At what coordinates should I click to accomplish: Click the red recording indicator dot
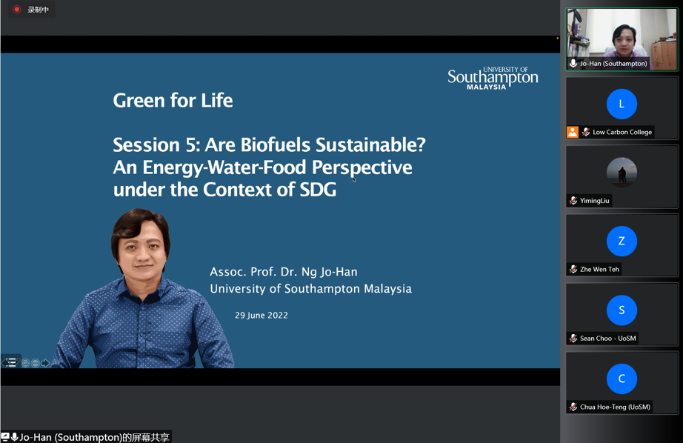[16, 9]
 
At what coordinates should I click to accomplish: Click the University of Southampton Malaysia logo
[493, 78]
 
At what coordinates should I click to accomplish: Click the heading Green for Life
[173, 101]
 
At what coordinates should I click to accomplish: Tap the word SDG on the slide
[318, 190]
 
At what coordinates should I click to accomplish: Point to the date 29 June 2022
[261, 316]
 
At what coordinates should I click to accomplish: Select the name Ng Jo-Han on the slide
[330, 272]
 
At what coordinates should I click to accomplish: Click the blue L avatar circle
[622, 104]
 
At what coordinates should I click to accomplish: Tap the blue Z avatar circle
[622, 241]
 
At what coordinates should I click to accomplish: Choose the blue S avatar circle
[622, 310]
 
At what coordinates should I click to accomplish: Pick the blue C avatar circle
[622, 379]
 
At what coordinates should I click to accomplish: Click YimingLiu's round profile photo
[622, 173]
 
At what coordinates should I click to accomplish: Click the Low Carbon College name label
[622, 132]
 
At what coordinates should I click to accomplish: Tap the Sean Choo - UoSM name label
[607, 339]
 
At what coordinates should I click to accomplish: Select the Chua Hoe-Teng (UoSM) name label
[615, 407]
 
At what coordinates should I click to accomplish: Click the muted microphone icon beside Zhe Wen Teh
[573, 269]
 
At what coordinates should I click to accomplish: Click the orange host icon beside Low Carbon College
[573, 132]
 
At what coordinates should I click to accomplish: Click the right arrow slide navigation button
[45, 363]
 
